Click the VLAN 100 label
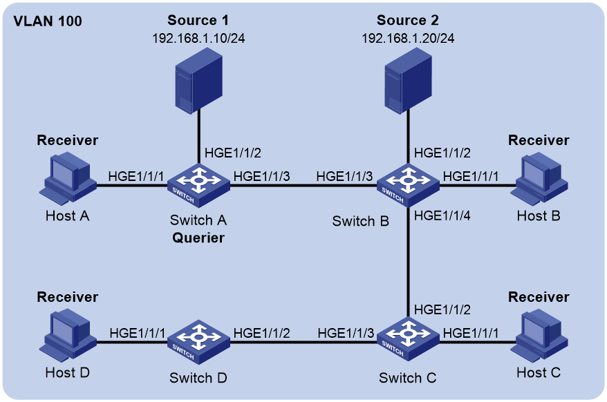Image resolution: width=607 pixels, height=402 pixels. point(48,21)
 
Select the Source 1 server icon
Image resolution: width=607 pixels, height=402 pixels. point(198,81)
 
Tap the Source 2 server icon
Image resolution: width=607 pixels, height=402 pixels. point(408,81)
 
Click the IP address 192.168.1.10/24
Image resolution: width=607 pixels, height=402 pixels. point(198,38)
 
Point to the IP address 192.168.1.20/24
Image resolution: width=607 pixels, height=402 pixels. point(408,38)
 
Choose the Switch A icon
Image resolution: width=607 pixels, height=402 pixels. point(198,185)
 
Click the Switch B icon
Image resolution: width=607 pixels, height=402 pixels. point(408,185)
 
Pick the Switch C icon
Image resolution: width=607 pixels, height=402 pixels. point(408,339)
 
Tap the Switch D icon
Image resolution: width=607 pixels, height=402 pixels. point(198,342)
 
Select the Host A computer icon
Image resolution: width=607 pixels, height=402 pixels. point(68,178)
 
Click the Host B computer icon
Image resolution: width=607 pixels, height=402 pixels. point(539,178)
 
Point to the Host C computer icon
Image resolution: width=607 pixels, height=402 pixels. point(539,335)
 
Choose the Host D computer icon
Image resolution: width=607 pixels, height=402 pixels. point(68,335)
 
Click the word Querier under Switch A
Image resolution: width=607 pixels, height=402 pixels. point(198,238)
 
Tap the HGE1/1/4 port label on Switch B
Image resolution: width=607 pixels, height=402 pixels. point(442,216)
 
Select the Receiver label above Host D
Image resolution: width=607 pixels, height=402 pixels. point(67,297)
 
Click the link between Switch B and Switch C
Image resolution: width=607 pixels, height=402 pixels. point(408,262)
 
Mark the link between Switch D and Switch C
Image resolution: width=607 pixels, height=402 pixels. point(303,342)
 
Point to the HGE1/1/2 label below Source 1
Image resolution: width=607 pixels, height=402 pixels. point(233,153)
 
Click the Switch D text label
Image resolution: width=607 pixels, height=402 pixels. point(198,378)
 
